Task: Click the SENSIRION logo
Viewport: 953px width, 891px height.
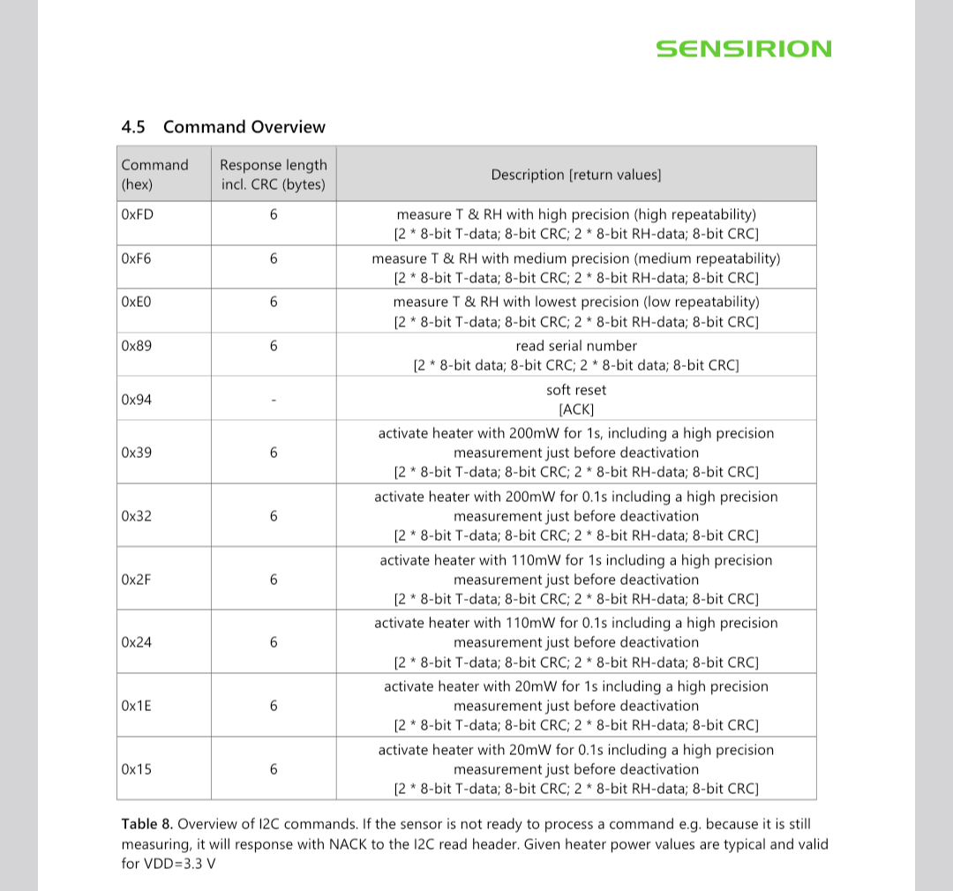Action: coord(743,49)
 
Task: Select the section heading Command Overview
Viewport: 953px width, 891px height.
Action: coord(222,127)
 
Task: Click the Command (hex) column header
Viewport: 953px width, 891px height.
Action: coord(154,175)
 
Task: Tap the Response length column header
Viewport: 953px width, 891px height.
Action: coord(273,175)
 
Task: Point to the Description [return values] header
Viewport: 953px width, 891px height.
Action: coord(575,175)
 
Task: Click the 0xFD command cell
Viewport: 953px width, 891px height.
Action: coord(137,214)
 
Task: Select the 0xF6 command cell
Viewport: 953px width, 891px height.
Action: coord(137,258)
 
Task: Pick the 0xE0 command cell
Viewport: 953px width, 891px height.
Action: coord(137,302)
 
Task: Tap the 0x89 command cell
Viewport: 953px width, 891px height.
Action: coord(137,346)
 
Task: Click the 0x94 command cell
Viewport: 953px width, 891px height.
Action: coord(137,400)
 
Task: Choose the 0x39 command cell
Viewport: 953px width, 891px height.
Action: coord(137,453)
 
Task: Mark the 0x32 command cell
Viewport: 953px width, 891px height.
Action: coord(137,516)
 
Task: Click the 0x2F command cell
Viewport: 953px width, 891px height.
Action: coord(137,580)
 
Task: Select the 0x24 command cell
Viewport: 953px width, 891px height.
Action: coord(137,642)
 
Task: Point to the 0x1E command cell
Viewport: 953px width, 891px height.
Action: coord(137,706)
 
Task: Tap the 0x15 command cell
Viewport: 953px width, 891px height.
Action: coord(137,769)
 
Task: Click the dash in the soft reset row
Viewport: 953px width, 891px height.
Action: coord(274,401)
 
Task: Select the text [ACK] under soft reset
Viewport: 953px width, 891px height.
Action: coord(576,409)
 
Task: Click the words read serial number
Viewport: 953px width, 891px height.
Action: coord(576,346)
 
